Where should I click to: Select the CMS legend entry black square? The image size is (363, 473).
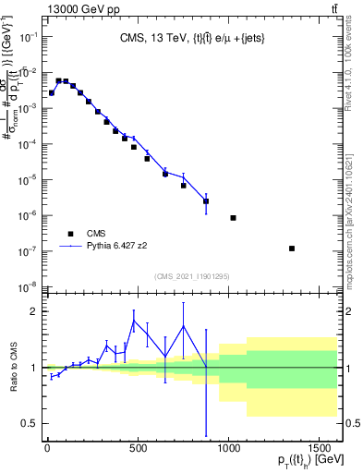[70, 234]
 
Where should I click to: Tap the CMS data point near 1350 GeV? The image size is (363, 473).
[292, 249]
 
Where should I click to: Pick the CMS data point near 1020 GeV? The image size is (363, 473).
[233, 218]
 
